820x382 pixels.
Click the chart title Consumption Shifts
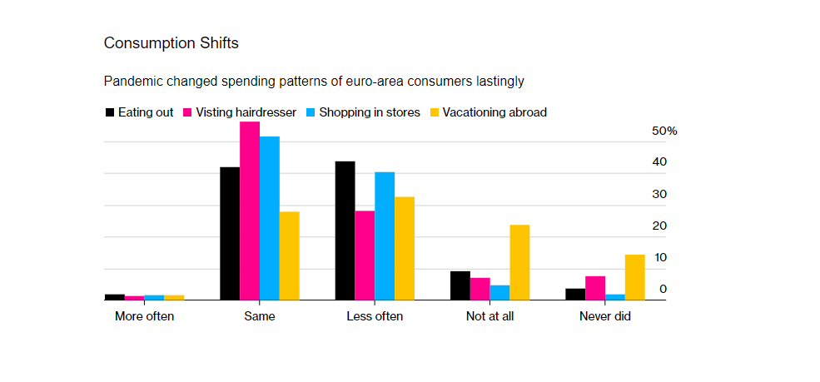[171, 42]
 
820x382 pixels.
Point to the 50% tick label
[664, 131]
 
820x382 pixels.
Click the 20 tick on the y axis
[659, 226]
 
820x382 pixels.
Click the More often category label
[145, 317]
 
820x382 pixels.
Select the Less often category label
[375, 317]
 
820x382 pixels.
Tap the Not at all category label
[490, 317]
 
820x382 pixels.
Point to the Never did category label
[604, 317]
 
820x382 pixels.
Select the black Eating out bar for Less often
[345, 231]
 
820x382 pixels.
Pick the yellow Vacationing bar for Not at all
[519, 262]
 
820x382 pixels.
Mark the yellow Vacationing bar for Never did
[634, 277]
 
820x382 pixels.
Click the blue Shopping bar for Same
[269, 218]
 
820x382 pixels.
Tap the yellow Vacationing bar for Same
[289, 255]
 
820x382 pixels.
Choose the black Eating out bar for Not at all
[460, 285]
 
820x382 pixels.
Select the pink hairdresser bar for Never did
[594, 288]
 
